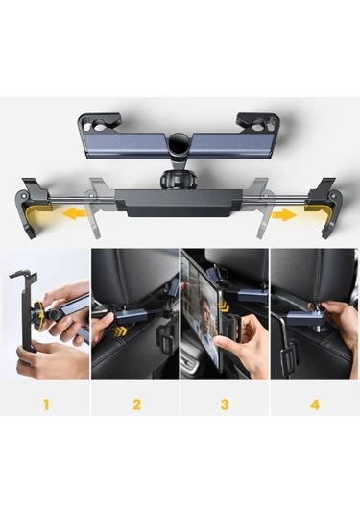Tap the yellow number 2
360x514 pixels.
pos(135,404)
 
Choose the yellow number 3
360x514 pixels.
pos(225,404)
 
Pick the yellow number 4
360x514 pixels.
pos(314,404)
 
